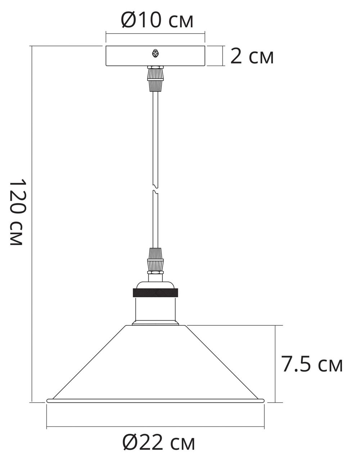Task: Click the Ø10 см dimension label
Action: (x=157, y=20)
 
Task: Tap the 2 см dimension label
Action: (x=252, y=57)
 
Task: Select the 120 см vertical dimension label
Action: (x=16, y=212)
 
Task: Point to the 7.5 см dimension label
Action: (x=312, y=365)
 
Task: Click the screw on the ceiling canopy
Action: (x=156, y=54)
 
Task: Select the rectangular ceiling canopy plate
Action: (x=126, y=56)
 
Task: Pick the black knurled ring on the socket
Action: (x=156, y=292)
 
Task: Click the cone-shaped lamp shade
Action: (x=156, y=364)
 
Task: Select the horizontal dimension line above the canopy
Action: (x=156, y=33)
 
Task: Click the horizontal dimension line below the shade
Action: (x=156, y=427)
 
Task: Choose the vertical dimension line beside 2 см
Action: (x=224, y=56)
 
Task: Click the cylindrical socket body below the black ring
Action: (x=156, y=309)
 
